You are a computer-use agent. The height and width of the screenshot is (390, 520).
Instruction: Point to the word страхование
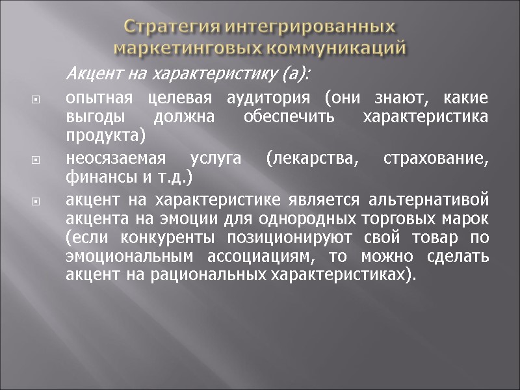pyautogui.click(x=445, y=158)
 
